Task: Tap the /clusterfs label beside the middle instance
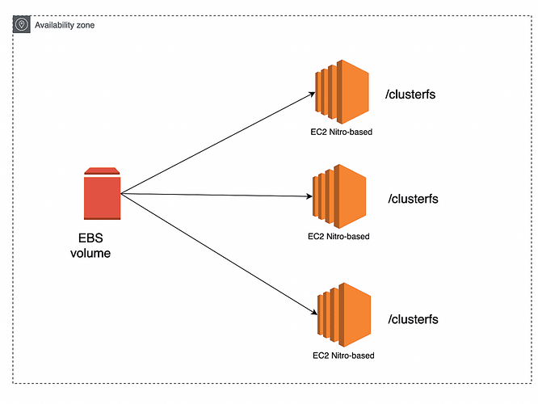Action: coord(413,199)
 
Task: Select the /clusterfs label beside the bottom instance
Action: coord(413,319)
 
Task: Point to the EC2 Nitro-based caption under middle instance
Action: coord(339,237)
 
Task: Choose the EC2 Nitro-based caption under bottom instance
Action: coord(343,355)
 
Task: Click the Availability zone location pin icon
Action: coord(21,24)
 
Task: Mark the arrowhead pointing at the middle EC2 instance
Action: coord(309,196)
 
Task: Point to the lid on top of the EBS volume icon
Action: coord(102,170)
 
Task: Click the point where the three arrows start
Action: coord(121,194)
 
